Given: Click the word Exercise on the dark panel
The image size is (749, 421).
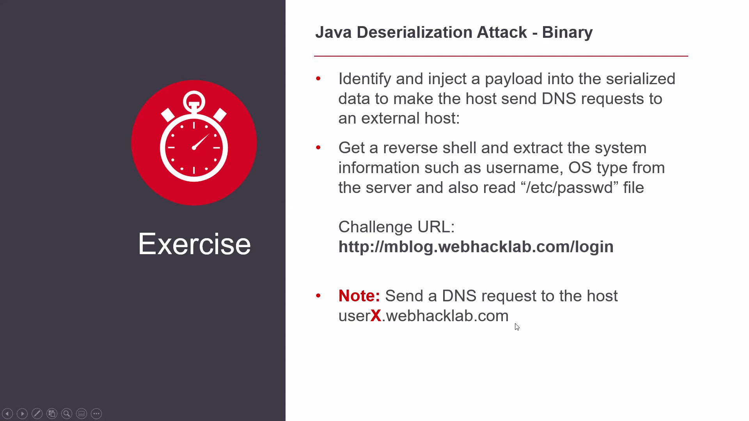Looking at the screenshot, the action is tap(194, 244).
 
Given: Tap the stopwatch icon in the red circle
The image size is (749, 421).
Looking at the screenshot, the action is tap(194, 136).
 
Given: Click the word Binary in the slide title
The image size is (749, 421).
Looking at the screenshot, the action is tap(567, 33).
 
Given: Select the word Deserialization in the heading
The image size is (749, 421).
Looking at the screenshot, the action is tap(442, 32).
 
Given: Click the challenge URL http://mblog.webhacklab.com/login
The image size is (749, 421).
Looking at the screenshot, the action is tap(476, 247).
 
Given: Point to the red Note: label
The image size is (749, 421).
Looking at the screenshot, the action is tap(359, 296).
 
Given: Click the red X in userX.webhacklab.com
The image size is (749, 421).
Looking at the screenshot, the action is tap(376, 316).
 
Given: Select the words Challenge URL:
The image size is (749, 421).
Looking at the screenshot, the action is tap(396, 227).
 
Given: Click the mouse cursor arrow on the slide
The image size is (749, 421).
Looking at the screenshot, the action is tap(517, 327).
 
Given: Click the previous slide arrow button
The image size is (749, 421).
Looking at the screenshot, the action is tap(7, 414).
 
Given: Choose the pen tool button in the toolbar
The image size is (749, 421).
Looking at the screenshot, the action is tap(37, 414).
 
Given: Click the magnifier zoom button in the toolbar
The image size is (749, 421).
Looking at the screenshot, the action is tap(67, 414).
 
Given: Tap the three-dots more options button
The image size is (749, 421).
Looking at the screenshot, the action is tap(96, 414).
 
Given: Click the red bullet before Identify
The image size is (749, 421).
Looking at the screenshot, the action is tap(318, 79).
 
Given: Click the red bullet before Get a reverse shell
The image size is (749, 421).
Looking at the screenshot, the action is tap(318, 148).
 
